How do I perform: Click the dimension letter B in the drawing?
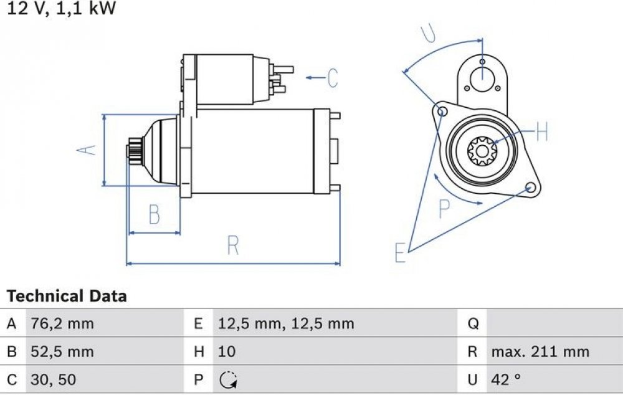(x=154, y=215)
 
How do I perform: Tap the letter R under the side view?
(x=233, y=245)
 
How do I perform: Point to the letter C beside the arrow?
(x=332, y=78)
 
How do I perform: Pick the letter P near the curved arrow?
(x=444, y=209)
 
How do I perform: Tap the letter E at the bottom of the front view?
(x=400, y=252)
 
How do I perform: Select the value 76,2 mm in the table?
(x=62, y=323)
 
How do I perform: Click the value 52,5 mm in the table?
(x=62, y=351)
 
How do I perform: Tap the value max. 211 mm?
(x=540, y=351)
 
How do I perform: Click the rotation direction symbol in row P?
(x=228, y=379)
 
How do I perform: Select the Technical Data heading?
(x=66, y=296)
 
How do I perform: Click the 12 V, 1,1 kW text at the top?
(x=62, y=9)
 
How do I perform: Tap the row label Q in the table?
(x=472, y=323)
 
